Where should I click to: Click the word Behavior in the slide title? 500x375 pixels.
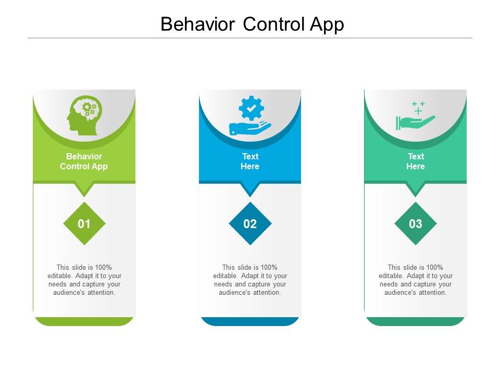tap(198, 24)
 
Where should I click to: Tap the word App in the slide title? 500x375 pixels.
tap(327, 25)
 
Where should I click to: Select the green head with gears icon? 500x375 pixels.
tap(84, 116)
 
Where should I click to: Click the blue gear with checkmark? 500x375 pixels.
tap(251, 108)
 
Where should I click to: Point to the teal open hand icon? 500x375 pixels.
tap(415, 123)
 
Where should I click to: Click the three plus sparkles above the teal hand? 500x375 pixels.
tap(418, 108)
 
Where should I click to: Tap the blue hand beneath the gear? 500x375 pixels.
tap(250, 128)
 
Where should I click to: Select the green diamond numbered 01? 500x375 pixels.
tap(84, 223)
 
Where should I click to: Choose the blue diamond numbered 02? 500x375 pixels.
tap(250, 223)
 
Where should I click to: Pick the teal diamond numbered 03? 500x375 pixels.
tap(416, 223)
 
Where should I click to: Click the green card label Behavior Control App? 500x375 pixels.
tap(84, 161)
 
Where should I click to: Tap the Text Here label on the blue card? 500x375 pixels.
tap(250, 161)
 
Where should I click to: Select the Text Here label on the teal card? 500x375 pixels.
tap(416, 161)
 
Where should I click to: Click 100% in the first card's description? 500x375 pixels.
tap(103, 267)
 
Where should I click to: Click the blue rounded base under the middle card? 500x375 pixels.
tap(250, 321)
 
